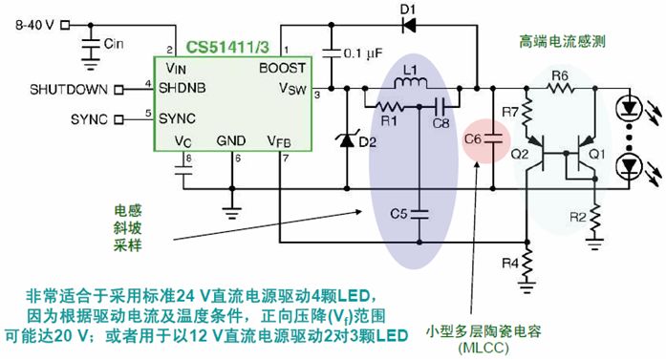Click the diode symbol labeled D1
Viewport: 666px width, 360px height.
409,26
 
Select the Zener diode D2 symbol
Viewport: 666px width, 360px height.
347,138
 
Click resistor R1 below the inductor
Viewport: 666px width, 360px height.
387,106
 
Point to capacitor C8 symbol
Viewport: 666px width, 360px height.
440,106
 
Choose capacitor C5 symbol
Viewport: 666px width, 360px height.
419,214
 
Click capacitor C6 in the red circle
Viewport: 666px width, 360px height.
493,138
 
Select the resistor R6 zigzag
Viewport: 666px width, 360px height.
561,88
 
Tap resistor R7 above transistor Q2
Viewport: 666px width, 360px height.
527,112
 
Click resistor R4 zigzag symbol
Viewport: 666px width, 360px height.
527,264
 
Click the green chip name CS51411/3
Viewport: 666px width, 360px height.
227,47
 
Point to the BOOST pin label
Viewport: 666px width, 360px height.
282,68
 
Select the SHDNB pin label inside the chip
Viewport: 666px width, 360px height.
183,88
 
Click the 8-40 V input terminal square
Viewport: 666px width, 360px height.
65,25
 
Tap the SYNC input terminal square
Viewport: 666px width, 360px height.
118,119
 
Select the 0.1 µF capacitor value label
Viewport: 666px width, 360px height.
363,53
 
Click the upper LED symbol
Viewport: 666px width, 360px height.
629,108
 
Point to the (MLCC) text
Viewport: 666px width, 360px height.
483,348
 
